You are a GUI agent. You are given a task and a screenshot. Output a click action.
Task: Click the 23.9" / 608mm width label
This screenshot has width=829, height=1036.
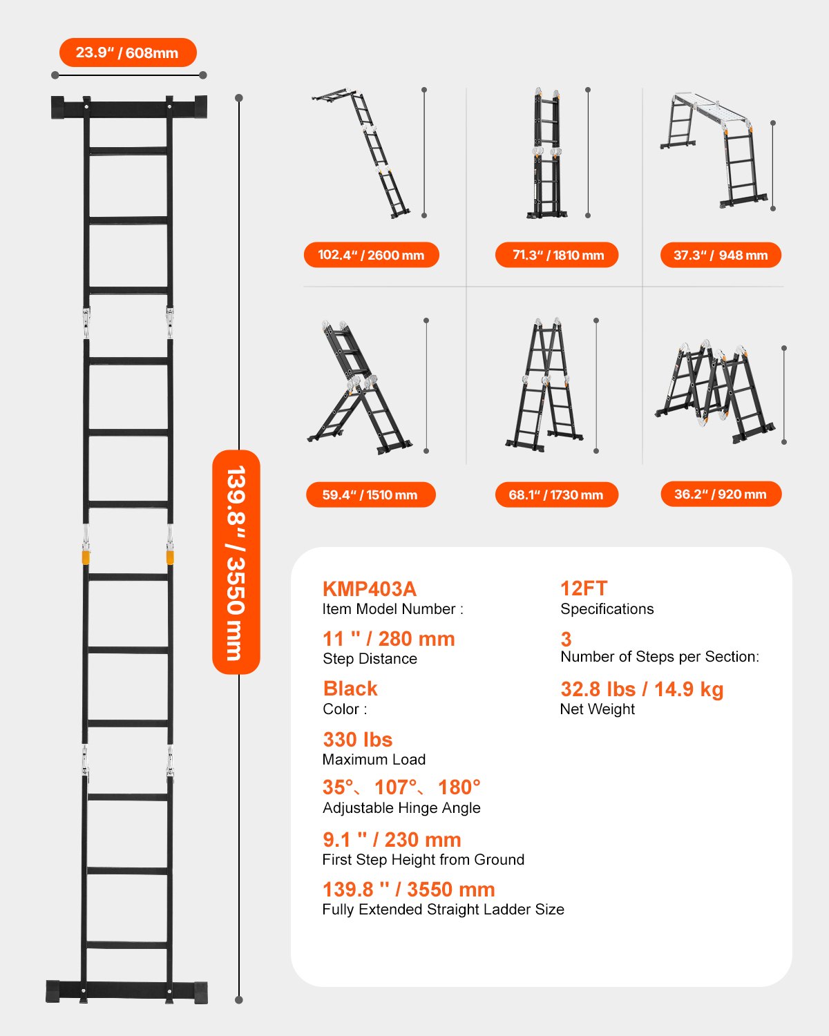(128, 52)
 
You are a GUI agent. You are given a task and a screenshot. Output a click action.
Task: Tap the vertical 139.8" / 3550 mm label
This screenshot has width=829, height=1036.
(236, 562)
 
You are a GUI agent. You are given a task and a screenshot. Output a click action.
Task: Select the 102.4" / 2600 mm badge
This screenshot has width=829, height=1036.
(371, 255)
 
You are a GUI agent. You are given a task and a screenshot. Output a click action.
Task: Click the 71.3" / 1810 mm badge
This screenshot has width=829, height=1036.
(557, 255)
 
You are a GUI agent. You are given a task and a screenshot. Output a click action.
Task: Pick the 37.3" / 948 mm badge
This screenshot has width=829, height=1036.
(721, 255)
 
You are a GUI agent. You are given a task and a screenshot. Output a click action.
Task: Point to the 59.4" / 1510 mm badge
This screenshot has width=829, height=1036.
(370, 495)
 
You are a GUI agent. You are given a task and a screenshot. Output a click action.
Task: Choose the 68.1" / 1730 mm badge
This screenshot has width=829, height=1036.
(556, 495)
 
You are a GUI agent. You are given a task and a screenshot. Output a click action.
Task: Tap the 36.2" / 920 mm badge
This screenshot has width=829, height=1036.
(721, 494)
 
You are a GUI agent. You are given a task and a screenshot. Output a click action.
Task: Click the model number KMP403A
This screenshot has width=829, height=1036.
(370, 589)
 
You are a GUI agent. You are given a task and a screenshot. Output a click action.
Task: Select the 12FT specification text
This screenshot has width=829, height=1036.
(584, 588)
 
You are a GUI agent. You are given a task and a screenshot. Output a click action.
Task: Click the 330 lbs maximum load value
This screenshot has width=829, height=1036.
(357, 740)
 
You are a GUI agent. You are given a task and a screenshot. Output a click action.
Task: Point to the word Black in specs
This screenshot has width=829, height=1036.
(350, 689)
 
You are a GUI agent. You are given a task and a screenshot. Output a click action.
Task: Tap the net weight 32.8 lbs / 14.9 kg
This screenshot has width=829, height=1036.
(642, 689)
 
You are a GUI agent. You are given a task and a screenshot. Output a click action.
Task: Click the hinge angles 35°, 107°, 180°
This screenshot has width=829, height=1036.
(401, 787)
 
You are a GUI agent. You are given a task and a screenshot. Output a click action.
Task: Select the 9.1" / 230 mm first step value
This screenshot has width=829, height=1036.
(392, 840)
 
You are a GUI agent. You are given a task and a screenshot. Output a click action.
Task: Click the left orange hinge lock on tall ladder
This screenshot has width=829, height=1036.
(86, 557)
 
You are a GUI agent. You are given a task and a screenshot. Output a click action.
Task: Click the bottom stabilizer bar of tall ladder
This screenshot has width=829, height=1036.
(127, 990)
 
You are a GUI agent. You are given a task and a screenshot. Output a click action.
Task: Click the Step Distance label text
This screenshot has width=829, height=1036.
(370, 659)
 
